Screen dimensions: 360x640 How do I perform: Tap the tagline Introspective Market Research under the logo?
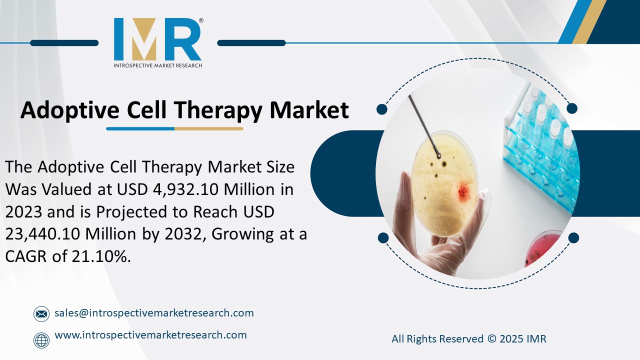coord(157,65)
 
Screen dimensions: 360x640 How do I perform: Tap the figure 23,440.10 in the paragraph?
coord(47,234)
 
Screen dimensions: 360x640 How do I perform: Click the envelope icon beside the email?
coord(41,314)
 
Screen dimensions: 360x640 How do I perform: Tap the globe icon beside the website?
coord(41,340)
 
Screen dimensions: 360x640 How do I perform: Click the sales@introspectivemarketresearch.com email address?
coord(154,313)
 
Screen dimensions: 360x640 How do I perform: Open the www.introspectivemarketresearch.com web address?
coord(150,335)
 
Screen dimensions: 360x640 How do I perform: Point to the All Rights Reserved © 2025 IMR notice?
coord(468,339)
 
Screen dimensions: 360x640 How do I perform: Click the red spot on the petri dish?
coord(463,190)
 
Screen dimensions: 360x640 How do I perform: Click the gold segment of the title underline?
coord(208,128)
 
